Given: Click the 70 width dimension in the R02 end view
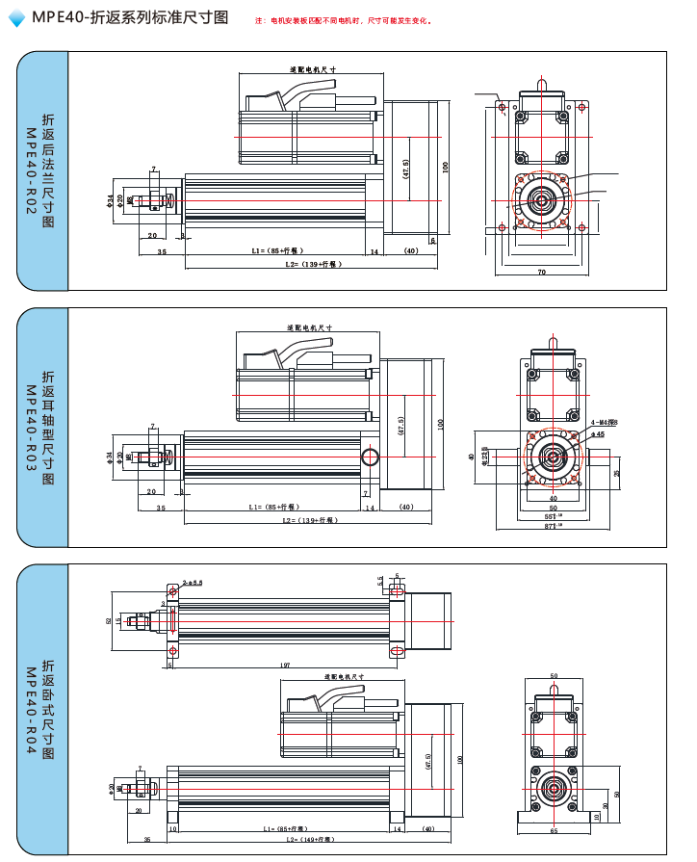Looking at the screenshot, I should pyautogui.click(x=542, y=273).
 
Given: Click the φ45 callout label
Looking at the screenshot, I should pyautogui.click(x=597, y=434).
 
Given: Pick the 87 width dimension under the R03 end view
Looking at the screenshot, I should pyautogui.click(x=554, y=527).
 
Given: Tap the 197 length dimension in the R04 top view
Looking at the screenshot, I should pyautogui.click(x=284, y=665).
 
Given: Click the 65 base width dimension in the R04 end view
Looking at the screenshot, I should pyautogui.click(x=554, y=829).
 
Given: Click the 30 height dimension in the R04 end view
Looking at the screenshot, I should pyautogui.click(x=605, y=806).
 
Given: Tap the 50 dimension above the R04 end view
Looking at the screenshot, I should pyautogui.click(x=554, y=676).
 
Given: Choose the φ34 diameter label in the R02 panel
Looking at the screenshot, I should pyautogui.click(x=110, y=200).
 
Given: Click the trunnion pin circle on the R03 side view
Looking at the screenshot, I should pyautogui.click(x=369, y=456).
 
